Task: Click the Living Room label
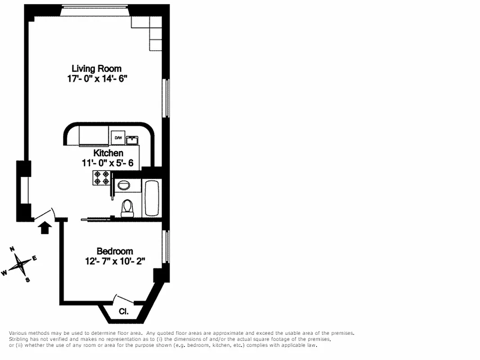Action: pyautogui.click(x=96, y=68)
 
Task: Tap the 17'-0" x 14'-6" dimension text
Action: pyautogui.click(x=96, y=78)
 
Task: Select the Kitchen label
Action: pyautogui.click(x=108, y=153)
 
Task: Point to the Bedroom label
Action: pyautogui.click(x=115, y=251)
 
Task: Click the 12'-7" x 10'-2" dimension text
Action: pyautogui.click(x=115, y=261)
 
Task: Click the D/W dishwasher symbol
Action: pyautogui.click(x=118, y=138)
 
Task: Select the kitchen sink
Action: pyautogui.click(x=132, y=139)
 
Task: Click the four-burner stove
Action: pyautogui.click(x=101, y=178)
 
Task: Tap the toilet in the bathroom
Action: pyautogui.click(x=128, y=208)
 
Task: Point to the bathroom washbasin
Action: pyautogui.click(x=122, y=184)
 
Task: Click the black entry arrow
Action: pyautogui.click(x=44, y=228)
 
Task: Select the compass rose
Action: pyautogui.click(x=19, y=264)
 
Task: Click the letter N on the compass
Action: pyautogui.click(x=13, y=249)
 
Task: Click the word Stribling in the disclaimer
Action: pyautogui.click(x=20, y=339)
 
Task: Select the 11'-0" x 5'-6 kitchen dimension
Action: pyautogui.click(x=108, y=163)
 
